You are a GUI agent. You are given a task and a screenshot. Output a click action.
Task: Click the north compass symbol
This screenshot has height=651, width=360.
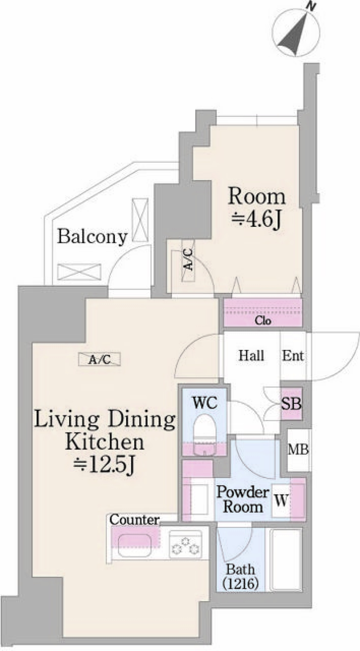[297, 34]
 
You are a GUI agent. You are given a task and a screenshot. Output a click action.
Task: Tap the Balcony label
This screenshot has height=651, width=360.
[92, 237]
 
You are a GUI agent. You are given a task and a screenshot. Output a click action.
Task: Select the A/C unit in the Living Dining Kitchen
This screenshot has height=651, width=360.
[100, 359]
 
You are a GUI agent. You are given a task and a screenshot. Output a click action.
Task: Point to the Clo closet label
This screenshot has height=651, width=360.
[263, 321]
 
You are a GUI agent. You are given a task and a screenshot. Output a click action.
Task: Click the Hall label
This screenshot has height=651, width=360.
[251, 355]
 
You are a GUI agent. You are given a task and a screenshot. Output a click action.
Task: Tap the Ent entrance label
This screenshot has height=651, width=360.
[293, 355]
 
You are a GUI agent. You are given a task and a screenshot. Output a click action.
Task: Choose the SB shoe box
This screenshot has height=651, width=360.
[291, 403]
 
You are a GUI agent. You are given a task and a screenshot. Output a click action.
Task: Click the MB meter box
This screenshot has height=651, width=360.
[298, 449]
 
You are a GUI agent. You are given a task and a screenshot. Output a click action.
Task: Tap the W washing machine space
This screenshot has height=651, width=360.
[281, 501]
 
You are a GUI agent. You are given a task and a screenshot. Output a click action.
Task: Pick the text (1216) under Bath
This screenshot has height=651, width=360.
[240, 583]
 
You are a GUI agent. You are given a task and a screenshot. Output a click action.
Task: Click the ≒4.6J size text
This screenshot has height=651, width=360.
[256, 220]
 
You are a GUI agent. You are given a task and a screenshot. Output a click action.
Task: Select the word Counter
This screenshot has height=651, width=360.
[134, 520]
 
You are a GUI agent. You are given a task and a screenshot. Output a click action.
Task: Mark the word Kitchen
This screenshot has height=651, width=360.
[105, 442]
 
